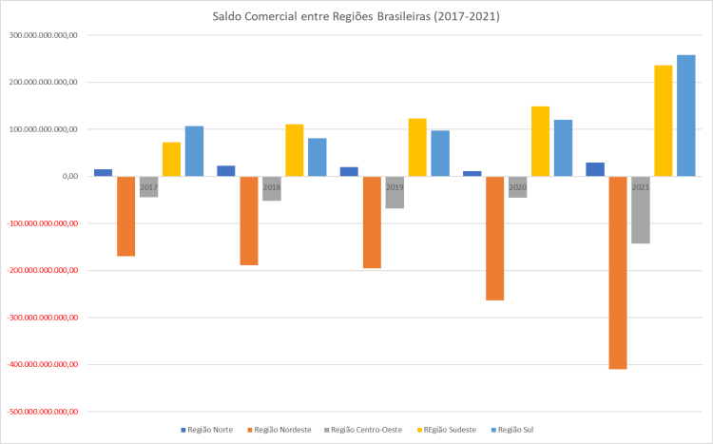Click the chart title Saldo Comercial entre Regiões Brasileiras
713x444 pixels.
[356, 16]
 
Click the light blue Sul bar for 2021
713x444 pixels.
[686, 115]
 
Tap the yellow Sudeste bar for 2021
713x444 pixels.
[664, 121]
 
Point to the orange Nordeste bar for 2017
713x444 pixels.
[125, 216]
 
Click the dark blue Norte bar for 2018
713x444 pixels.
[226, 171]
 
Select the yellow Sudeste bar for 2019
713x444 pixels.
[417, 147]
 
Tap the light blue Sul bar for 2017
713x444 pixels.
[194, 151]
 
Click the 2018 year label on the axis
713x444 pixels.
[272, 188]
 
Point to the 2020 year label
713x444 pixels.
[517, 188]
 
